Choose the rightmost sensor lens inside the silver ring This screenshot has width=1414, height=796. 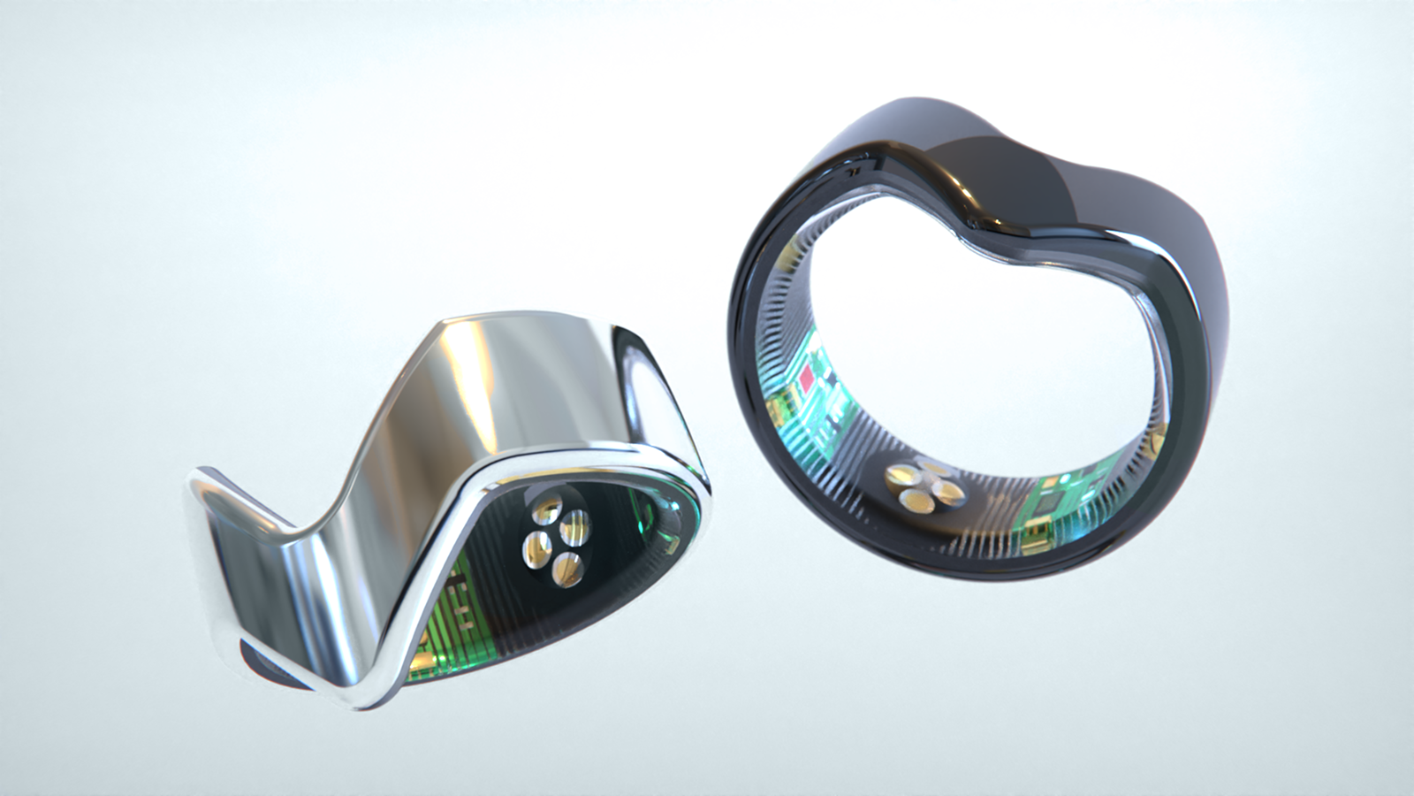click(576, 524)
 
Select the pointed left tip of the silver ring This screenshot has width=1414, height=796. click(193, 482)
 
